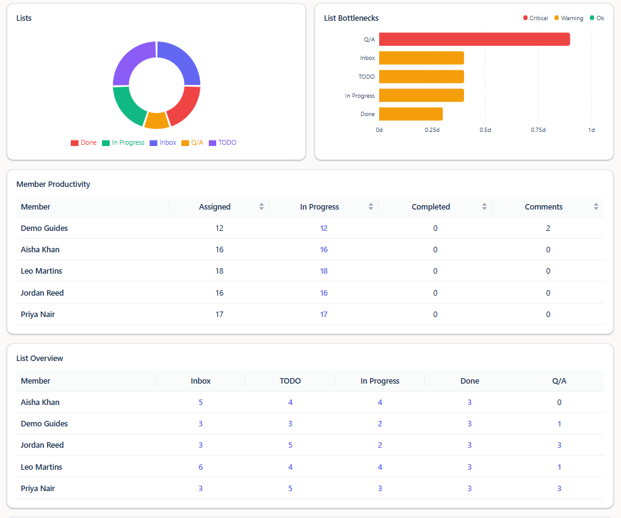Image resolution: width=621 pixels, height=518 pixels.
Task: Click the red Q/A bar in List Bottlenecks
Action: pyautogui.click(x=474, y=39)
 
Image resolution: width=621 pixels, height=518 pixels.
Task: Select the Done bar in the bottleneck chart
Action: pyautogui.click(x=411, y=114)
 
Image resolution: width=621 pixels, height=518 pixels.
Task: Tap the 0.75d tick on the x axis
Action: pyautogui.click(x=538, y=130)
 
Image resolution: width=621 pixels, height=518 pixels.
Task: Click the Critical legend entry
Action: pyautogui.click(x=536, y=18)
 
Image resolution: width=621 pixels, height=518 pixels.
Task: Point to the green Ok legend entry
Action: pyautogui.click(x=597, y=18)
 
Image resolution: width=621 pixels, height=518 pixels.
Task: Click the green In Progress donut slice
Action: pyautogui.click(x=128, y=105)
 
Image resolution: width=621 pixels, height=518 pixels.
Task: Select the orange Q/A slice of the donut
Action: pyautogui.click(x=157, y=120)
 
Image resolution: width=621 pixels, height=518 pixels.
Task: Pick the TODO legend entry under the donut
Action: pyautogui.click(x=223, y=143)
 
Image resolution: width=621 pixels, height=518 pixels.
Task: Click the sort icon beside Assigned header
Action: pyautogui.click(x=261, y=206)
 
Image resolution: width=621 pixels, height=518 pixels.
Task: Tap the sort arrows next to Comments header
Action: pyautogui.click(x=596, y=206)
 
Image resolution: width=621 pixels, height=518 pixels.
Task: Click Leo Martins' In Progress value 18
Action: pyautogui.click(x=324, y=271)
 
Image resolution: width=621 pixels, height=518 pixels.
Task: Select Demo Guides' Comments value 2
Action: pyautogui.click(x=548, y=228)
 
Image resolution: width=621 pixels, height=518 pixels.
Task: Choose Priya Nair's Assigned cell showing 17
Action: pyautogui.click(x=219, y=315)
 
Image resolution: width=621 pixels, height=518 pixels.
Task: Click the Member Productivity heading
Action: pyautogui.click(x=53, y=184)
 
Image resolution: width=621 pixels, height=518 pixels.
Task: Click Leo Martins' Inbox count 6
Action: pyautogui.click(x=201, y=467)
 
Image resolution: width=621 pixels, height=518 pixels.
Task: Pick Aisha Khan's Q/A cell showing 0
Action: pyautogui.click(x=559, y=403)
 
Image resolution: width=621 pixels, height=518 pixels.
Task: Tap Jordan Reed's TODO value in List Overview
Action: pyautogui.click(x=290, y=445)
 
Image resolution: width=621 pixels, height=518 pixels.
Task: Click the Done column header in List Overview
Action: pyautogui.click(x=470, y=381)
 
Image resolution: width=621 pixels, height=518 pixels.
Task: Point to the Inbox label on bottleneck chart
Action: pyautogui.click(x=368, y=58)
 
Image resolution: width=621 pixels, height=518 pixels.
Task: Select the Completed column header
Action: pyautogui.click(x=431, y=206)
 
